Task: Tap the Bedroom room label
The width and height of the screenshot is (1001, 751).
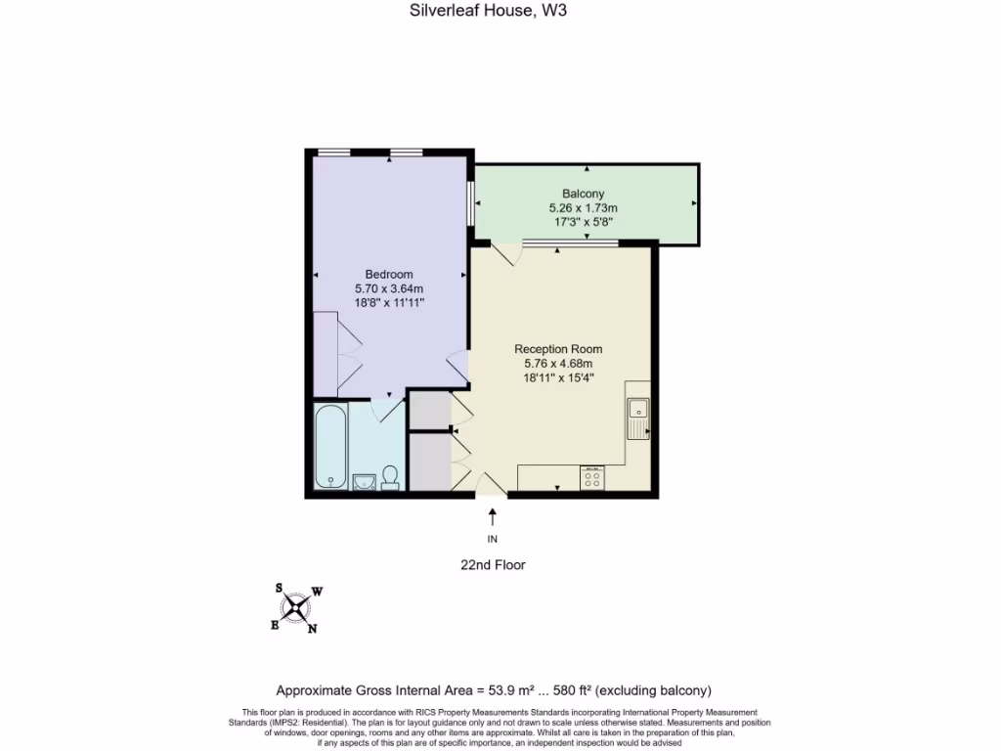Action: [x=389, y=274]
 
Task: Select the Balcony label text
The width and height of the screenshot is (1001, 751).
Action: [x=583, y=194]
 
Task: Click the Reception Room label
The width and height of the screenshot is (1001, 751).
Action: [x=558, y=349]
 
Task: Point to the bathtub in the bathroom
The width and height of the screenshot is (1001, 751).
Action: [x=330, y=447]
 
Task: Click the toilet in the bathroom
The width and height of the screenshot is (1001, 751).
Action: [x=390, y=476]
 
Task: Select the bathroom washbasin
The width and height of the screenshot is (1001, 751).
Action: [x=364, y=480]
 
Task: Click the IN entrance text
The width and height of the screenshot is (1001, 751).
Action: [x=492, y=539]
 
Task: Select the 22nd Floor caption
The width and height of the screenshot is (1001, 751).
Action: [x=493, y=565]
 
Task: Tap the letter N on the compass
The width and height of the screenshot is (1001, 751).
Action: [x=312, y=629]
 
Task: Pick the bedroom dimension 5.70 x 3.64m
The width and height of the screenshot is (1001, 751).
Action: [x=389, y=288]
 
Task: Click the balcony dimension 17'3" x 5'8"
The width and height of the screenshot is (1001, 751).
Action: [x=583, y=222]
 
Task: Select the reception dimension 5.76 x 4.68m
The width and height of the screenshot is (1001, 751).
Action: [x=558, y=363]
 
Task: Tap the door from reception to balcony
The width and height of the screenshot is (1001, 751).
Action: [x=505, y=254]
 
